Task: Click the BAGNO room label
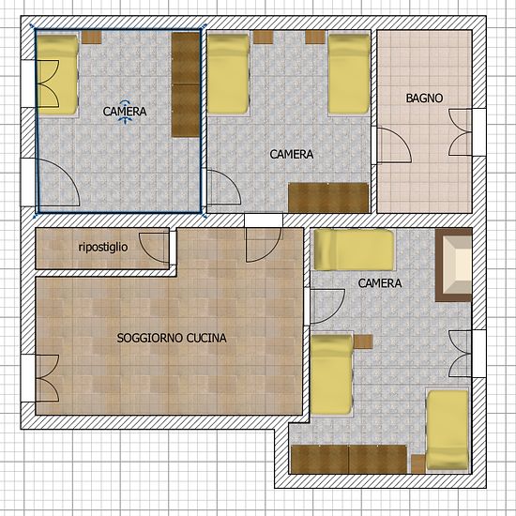click(424, 99)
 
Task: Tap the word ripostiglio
click(103, 247)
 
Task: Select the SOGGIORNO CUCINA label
click(172, 338)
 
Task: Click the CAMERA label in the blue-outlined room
click(125, 112)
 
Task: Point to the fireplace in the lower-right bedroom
click(454, 265)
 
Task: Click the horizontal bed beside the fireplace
click(354, 250)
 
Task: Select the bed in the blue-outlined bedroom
click(58, 74)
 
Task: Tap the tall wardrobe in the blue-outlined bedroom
click(186, 84)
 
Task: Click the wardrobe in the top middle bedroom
click(328, 197)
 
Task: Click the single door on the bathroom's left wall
click(394, 145)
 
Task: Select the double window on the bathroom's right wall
click(461, 132)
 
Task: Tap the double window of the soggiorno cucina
click(48, 378)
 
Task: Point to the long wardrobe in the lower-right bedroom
click(349, 460)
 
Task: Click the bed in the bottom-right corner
click(448, 432)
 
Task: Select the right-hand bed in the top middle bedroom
click(350, 74)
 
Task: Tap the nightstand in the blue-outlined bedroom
click(92, 38)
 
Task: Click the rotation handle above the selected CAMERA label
click(125, 102)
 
